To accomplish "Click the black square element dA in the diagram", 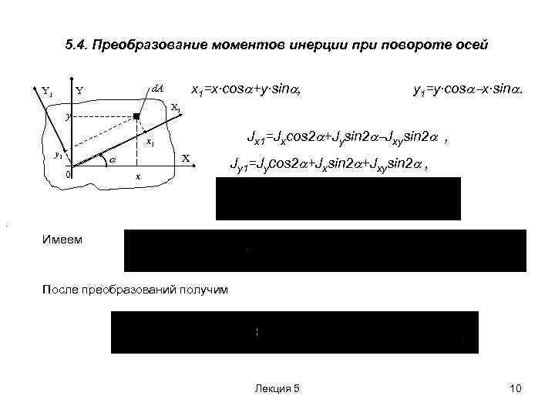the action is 136,116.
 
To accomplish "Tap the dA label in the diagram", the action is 157,90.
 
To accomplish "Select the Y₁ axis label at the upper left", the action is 47,92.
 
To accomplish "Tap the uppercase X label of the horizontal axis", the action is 185,158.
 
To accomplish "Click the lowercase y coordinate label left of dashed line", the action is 68,116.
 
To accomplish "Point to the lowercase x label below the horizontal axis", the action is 137,177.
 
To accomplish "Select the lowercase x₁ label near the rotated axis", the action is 151,143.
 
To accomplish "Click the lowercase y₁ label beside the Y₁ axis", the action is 58,155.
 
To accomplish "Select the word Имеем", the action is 64,240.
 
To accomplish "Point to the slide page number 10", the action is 516,389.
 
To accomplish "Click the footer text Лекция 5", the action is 277,389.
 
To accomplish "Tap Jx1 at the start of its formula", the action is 255,139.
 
